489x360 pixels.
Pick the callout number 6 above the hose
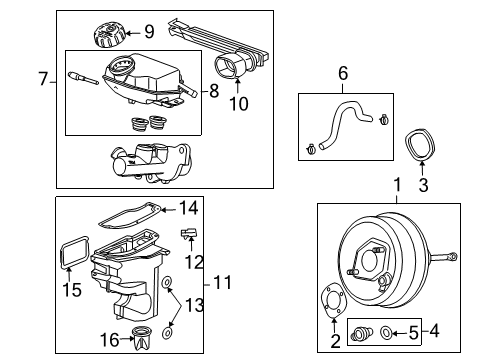(343, 73)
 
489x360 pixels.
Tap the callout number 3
(422, 185)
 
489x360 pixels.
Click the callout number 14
(190, 209)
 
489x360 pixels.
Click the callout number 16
(110, 341)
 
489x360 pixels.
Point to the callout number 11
(225, 282)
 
